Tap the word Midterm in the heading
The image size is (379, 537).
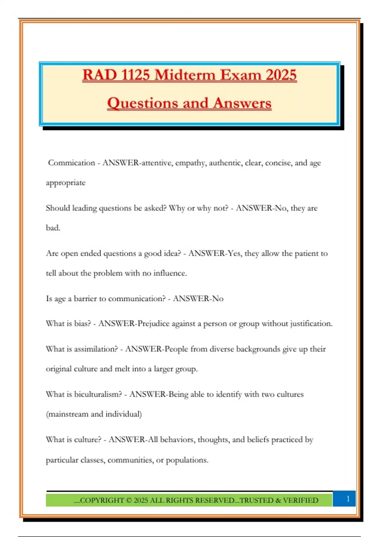[185, 75]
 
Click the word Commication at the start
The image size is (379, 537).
[71, 163]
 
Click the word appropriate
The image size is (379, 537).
[66, 183]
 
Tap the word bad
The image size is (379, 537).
[53, 228]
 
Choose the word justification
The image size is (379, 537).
[311, 324]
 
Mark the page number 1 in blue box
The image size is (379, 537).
[348, 499]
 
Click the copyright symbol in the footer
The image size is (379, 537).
[129, 500]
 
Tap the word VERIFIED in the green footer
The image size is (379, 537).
[300, 500]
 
